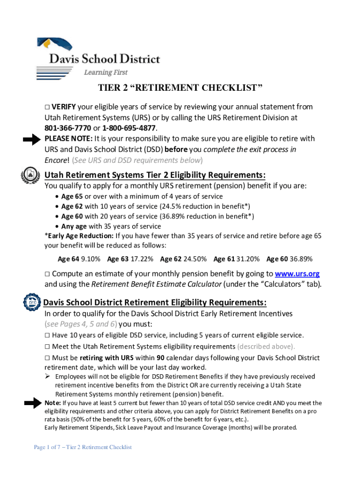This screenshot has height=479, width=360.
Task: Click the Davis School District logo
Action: pos(98,57)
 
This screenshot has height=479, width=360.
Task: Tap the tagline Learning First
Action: pos(105,73)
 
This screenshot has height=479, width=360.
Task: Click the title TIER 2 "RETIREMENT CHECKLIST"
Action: pos(180,88)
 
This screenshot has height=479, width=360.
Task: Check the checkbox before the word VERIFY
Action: pos(47,107)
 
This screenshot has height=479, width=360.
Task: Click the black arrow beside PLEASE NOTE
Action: pos(32,139)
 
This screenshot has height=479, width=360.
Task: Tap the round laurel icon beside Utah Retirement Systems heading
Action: pos(30,175)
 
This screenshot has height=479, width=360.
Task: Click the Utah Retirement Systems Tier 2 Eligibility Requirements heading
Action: pos(155,175)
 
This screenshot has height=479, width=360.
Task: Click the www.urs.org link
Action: pos(297,274)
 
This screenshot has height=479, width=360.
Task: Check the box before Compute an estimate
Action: pos(47,274)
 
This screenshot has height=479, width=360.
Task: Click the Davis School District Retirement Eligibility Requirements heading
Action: pos(155,302)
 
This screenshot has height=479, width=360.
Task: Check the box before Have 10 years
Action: pos(47,335)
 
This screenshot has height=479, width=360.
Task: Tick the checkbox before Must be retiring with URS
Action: pos(47,358)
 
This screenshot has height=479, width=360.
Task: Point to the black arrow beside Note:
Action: pos(32,403)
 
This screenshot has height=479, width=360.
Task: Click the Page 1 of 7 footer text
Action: pos(83,448)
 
